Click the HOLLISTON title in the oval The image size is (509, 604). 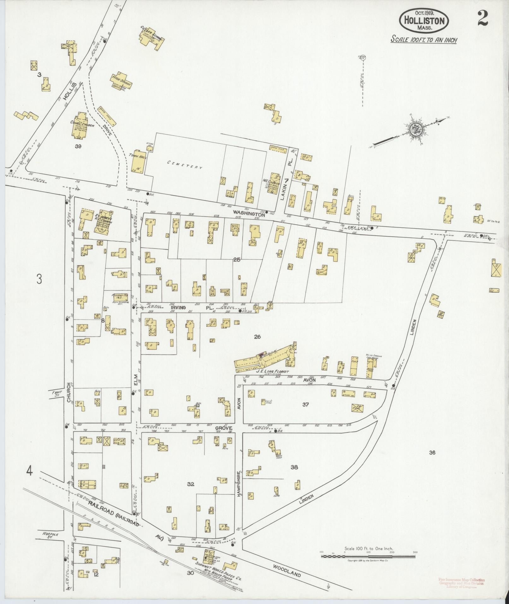(x=424, y=21)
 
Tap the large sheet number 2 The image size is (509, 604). (x=482, y=19)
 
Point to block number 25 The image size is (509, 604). (x=237, y=260)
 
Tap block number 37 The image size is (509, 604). (x=305, y=404)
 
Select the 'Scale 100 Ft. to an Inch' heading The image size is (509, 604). (x=423, y=40)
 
